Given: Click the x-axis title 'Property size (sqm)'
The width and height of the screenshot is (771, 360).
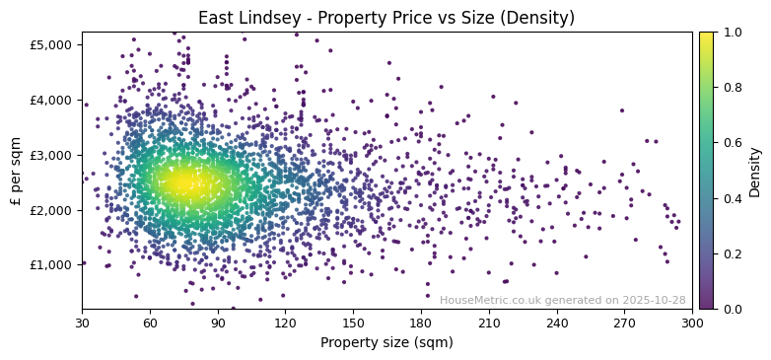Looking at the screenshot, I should [386, 343].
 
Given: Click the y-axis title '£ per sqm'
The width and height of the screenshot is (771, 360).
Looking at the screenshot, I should [16, 171].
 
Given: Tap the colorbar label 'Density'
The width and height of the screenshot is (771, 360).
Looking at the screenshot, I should [754, 172].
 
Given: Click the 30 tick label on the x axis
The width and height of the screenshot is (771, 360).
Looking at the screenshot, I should [82, 323].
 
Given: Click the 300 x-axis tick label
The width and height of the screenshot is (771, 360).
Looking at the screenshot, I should [692, 323].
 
